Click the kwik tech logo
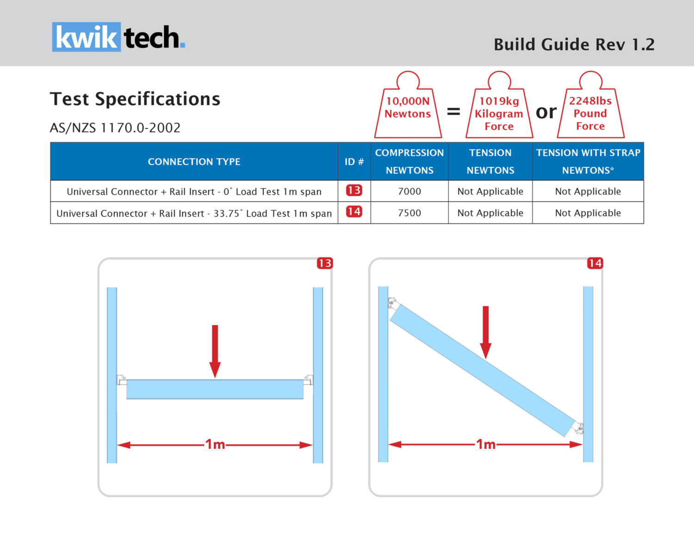click(x=118, y=37)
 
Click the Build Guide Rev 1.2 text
click(x=574, y=44)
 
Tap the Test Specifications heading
click(x=135, y=99)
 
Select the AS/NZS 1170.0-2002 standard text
click(x=115, y=128)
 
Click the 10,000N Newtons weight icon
click(x=408, y=109)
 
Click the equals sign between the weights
click(x=453, y=111)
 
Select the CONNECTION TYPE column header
click(x=194, y=161)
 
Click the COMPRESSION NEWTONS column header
click(x=409, y=161)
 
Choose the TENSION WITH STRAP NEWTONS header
click(x=588, y=161)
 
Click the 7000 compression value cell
click(x=409, y=191)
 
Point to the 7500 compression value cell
click(x=409, y=213)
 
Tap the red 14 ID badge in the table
click(x=354, y=212)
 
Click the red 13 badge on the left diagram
click(x=325, y=263)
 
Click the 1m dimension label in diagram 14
click(x=486, y=444)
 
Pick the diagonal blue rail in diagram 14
click(x=483, y=370)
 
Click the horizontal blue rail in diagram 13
click(x=215, y=389)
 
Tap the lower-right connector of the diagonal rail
click(x=578, y=428)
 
